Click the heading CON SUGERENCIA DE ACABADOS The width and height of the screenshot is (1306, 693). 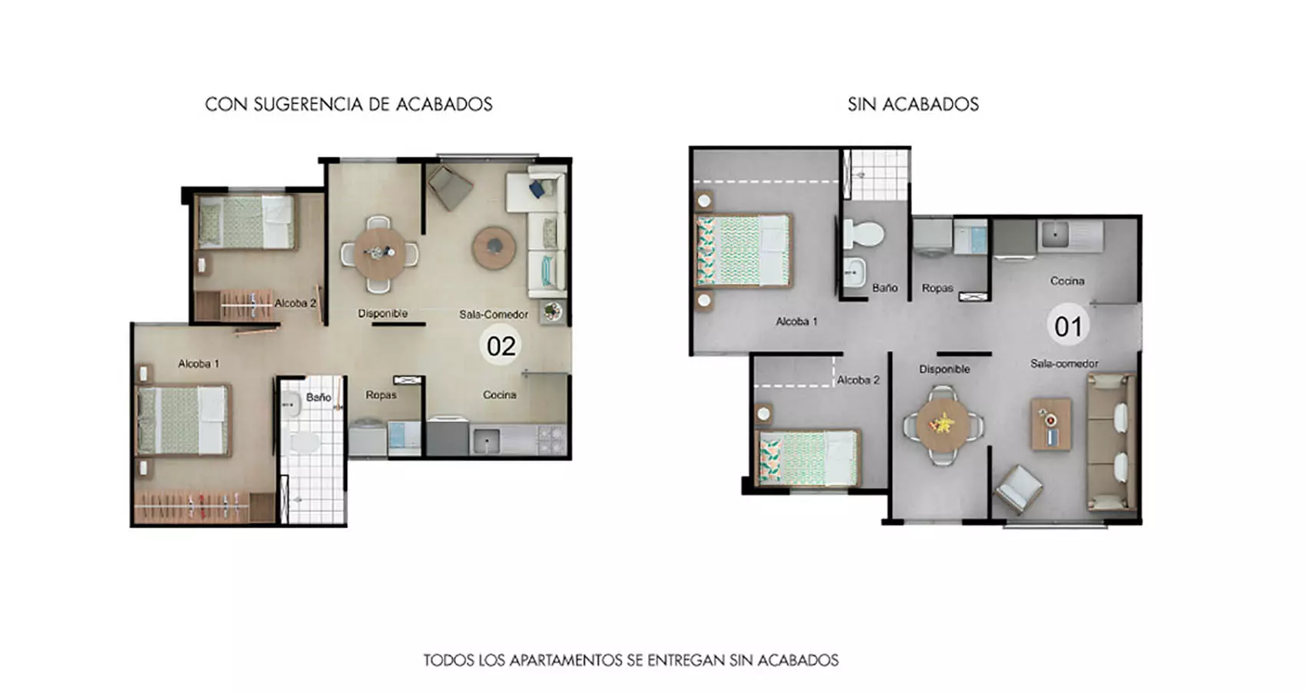[x=349, y=104]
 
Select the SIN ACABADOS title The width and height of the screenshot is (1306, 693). [x=913, y=104]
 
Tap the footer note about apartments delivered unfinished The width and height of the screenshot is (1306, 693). [x=630, y=660]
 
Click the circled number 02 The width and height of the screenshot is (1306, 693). [x=501, y=346]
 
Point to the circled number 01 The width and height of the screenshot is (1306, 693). [x=1067, y=327]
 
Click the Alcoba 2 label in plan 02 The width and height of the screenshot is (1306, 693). [x=296, y=303]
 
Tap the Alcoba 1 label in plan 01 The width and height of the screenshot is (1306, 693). [x=796, y=322]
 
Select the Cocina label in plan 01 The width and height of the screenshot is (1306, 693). [x=1067, y=281]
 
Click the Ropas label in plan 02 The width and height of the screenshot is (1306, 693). [x=381, y=395]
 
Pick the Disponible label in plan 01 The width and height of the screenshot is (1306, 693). [x=944, y=369]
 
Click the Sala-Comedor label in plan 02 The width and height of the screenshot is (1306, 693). [x=494, y=315]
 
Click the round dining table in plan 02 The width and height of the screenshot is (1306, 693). [x=379, y=252]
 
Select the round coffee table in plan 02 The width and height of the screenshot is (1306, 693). [x=494, y=247]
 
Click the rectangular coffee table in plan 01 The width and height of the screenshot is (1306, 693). [x=1050, y=424]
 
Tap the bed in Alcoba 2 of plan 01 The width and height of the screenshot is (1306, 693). [x=807, y=458]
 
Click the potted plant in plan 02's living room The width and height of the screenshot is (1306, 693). [x=552, y=312]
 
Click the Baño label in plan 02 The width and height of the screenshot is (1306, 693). [x=318, y=398]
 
